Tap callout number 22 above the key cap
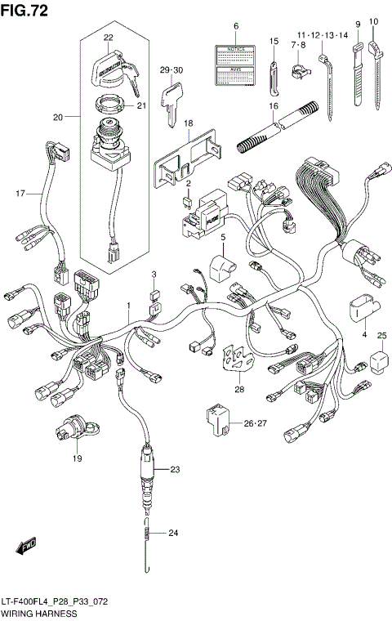coord(109,38)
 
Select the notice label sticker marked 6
coord(235,64)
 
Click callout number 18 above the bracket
coord(188,123)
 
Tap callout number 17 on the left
coord(20,194)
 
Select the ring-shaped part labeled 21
coord(108,105)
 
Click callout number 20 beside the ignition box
coord(58,118)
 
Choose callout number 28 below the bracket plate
coord(239,390)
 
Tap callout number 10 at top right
coord(374,21)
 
